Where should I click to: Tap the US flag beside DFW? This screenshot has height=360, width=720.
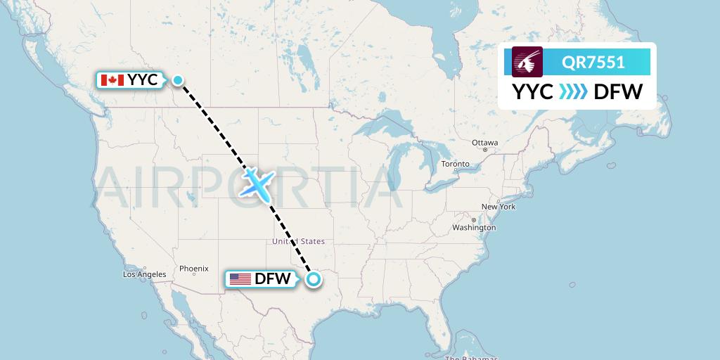coord(240,279)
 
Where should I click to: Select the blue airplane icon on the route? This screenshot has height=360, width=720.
coord(257,183)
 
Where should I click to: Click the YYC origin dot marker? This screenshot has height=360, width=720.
coord(179,80)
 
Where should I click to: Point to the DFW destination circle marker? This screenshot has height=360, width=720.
coord(314,279)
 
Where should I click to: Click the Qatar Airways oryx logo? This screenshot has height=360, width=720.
coord(527,62)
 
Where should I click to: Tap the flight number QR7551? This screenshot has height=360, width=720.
coord(593,62)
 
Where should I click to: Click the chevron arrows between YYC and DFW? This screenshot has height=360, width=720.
coord(573,91)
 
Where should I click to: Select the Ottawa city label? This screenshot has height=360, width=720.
coord(485,143)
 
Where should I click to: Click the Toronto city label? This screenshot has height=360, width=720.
coord(455,164)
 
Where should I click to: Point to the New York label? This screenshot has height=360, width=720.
coord(499,207)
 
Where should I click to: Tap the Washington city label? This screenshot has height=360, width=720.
coord(474,227)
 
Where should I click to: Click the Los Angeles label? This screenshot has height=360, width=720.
coord(144,274)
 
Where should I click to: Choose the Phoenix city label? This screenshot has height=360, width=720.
coord(193,268)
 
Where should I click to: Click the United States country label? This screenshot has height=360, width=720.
coord(298,242)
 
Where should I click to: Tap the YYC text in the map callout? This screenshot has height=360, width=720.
coord(143,80)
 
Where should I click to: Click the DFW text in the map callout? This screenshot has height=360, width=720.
coord(273,279)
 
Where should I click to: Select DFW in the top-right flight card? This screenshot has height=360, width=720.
coord(618,91)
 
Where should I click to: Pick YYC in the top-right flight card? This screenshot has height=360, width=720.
coord(532,91)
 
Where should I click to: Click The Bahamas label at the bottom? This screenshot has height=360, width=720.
coord(471,357)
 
